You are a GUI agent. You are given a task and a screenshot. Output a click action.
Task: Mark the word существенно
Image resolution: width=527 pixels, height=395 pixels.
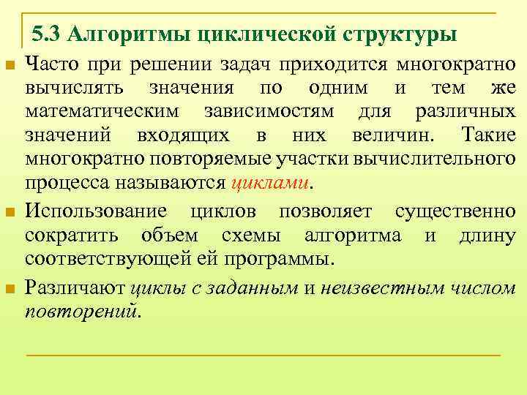[455, 212]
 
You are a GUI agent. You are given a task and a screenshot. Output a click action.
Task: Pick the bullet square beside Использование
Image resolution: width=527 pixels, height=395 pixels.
[10, 213]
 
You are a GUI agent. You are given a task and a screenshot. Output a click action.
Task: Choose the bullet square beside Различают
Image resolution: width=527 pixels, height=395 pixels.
[10, 289]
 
